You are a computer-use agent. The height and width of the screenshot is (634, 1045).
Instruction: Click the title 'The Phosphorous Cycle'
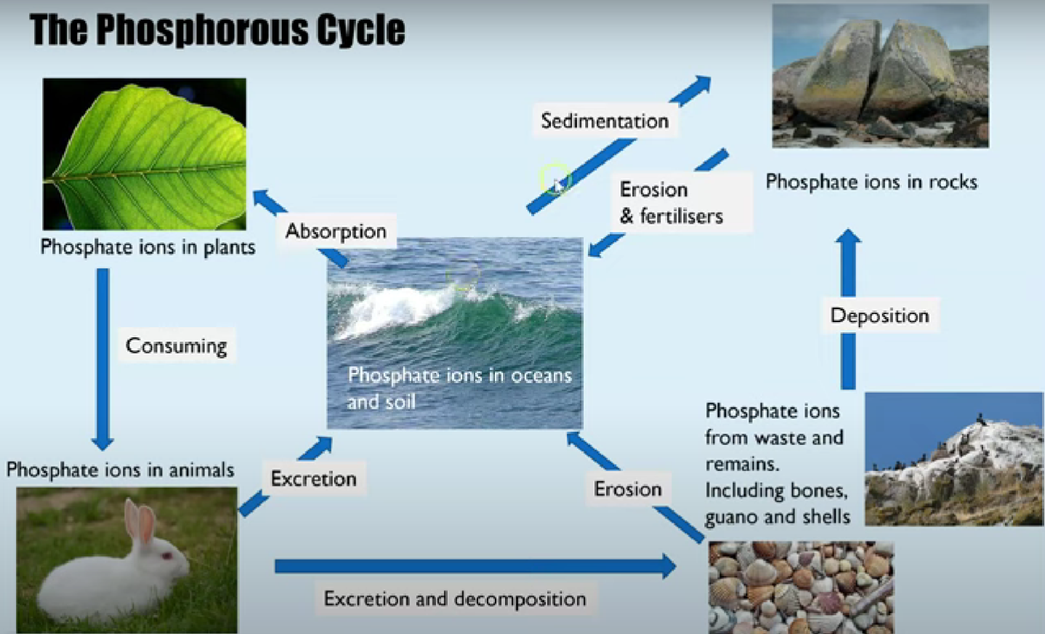217,31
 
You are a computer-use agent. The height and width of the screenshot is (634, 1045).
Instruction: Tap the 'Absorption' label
336,231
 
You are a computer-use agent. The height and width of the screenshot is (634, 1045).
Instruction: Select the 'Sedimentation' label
605,121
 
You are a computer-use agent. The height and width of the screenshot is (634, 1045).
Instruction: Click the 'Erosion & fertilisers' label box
672,203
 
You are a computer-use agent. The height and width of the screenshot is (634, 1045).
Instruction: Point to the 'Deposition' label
879,316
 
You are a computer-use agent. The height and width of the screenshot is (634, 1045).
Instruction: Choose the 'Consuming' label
176,345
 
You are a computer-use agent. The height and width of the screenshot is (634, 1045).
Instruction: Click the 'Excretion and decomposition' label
455,598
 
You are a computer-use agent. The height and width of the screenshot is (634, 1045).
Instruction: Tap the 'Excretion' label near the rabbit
313,478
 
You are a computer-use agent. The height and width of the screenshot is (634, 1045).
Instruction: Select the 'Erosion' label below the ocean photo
628,489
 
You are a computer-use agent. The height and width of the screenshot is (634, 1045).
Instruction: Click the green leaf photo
144,154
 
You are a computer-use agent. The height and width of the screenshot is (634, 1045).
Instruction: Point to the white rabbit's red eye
166,555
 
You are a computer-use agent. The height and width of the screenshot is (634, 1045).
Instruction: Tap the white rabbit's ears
139,520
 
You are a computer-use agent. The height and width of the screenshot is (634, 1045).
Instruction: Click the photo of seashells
801,587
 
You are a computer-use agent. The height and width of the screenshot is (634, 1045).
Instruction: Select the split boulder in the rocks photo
879,73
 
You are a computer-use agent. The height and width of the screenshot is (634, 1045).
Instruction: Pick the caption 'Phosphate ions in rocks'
871,182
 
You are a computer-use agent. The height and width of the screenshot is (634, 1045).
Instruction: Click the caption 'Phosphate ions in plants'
148,247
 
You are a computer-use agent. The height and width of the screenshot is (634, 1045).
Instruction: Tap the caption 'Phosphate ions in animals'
120,470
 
